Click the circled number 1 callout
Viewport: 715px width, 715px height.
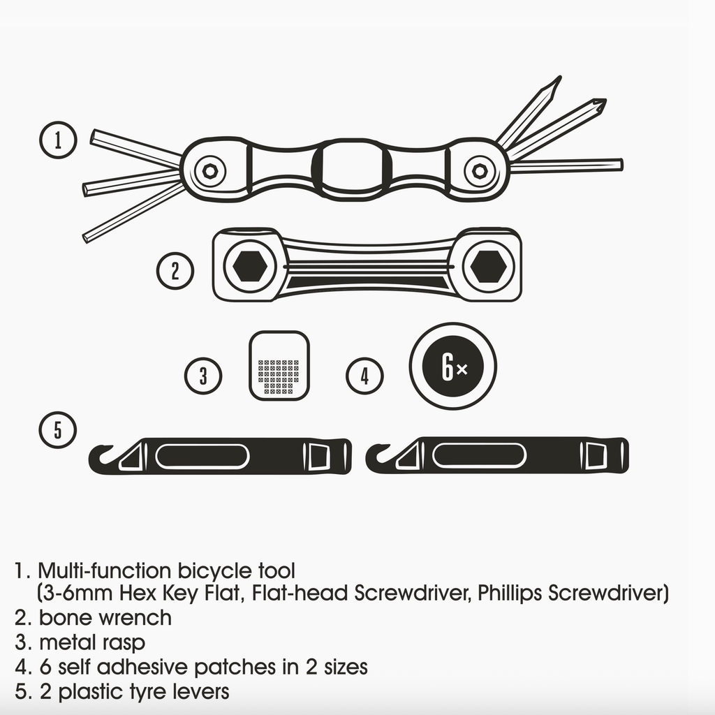pyautogui.click(x=58, y=140)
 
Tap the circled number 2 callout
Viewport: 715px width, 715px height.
pyautogui.click(x=175, y=271)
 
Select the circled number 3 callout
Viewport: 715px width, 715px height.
pyautogui.click(x=203, y=376)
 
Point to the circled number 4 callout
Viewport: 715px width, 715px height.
pyautogui.click(x=364, y=376)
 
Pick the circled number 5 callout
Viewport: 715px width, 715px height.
pyautogui.click(x=57, y=429)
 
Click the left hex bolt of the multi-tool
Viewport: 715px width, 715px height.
pyautogui.click(x=209, y=172)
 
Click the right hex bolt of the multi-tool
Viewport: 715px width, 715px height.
pyautogui.click(x=479, y=172)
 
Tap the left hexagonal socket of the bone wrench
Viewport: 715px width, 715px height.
pyautogui.click(x=250, y=266)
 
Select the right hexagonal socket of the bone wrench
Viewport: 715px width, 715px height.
pyautogui.click(x=488, y=266)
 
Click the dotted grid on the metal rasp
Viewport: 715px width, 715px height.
pyautogui.click(x=279, y=376)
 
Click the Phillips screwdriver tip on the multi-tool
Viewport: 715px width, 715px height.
pyautogui.click(x=601, y=105)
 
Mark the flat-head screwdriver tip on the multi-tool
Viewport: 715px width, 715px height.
pyautogui.click(x=555, y=85)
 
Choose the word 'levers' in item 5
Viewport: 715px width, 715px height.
pyautogui.click(x=201, y=691)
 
